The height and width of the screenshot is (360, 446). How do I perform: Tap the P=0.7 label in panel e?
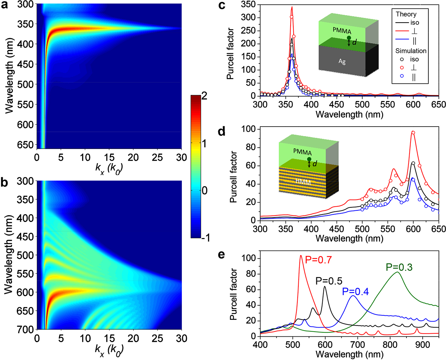pyautogui.click(x=318, y=260)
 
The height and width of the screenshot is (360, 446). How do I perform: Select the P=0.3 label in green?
pyautogui.click(x=399, y=267)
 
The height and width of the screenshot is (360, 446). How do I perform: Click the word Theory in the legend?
pyautogui.click(x=406, y=14)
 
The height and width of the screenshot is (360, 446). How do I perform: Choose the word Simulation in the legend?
pyautogui.click(x=411, y=51)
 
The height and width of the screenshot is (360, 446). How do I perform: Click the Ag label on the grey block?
pyautogui.click(x=342, y=61)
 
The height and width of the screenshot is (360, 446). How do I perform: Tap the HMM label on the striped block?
pyautogui.click(x=303, y=182)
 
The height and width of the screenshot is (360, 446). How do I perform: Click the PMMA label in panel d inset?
pyautogui.click(x=302, y=152)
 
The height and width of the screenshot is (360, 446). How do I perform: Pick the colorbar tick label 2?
pyautogui.click(x=204, y=96)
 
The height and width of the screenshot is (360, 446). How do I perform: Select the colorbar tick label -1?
pyautogui.click(x=204, y=238)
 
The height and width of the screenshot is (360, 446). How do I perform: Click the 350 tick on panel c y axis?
pyautogui.click(x=248, y=5)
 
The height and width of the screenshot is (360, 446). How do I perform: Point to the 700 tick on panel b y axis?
pyautogui.click(x=25, y=329)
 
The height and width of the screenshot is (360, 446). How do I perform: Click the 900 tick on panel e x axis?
pyautogui.click(x=422, y=345)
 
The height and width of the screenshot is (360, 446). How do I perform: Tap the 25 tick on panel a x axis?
pyautogui.click(x=157, y=157)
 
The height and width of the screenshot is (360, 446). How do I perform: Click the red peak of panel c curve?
pyautogui.click(x=292, y=7)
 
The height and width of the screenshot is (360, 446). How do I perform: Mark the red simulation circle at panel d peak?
pyautogui.click(x=413, y=133)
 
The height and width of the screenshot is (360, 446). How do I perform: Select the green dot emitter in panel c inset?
pyautogui.click(x=349, y=38)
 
